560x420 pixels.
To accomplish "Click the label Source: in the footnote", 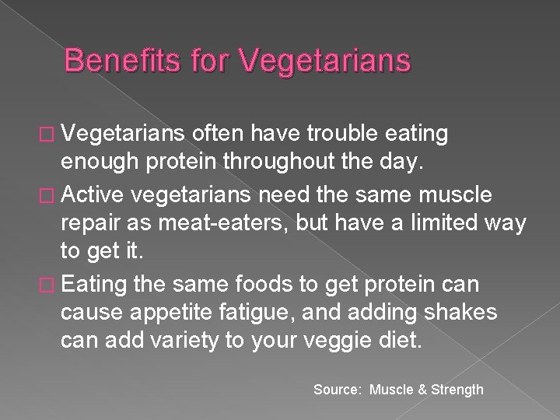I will pyautogui.click(x=338, y=390).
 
